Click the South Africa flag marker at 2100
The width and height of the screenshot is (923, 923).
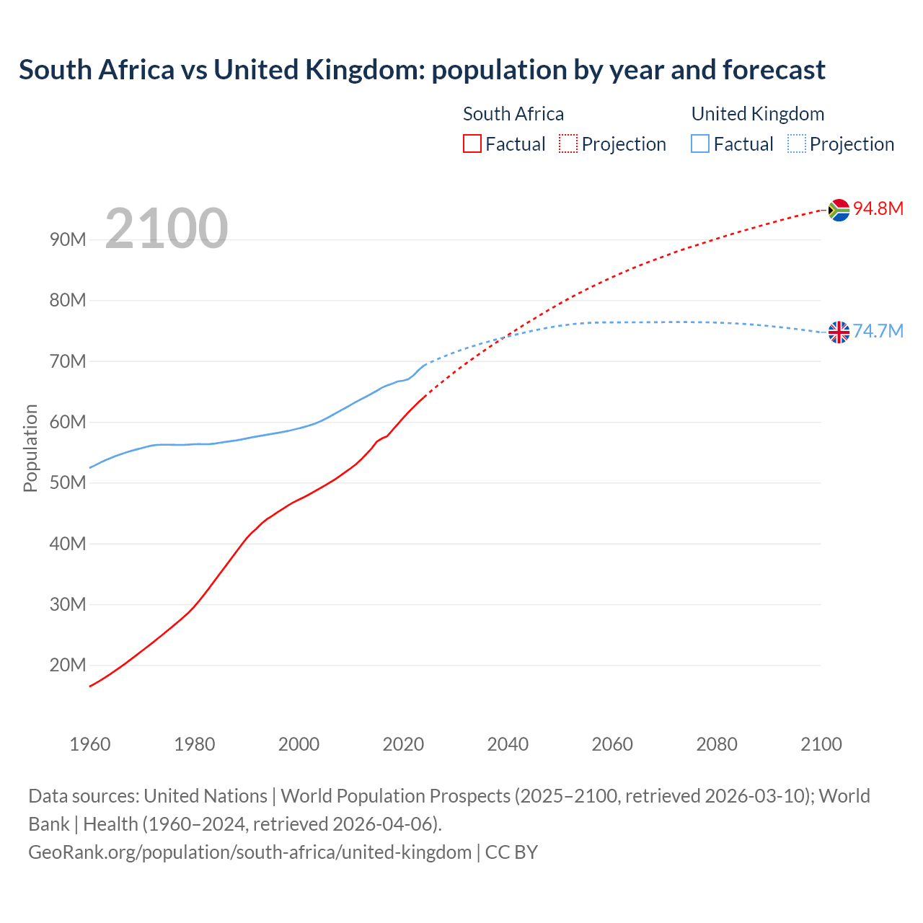tap(839, 210)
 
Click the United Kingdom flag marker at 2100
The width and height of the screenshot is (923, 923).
tap(839, 332)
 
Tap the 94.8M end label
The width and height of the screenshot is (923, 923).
tap(878, 209)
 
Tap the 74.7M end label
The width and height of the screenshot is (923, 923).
tap(878, 332)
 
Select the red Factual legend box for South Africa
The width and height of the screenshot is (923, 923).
tap(472, 143)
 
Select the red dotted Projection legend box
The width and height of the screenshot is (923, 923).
tap(568, 143)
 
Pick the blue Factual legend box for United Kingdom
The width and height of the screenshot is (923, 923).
tap(700, 143)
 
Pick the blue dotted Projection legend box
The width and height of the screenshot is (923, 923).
tap(796, 143)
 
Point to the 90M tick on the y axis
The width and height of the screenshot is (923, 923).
tap(68, 239)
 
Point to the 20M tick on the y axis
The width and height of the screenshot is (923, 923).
tap(68, 665)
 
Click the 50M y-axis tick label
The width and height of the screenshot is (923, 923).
tap(68, 482)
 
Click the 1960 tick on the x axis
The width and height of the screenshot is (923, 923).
tap(90, 744)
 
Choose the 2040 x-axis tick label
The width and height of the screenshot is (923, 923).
tap(508, 744)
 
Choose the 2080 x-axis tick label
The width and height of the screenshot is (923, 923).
tap(717, 744)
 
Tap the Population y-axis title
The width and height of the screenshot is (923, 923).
tap(30, 448)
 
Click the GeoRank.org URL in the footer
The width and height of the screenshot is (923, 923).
tap(249, 852)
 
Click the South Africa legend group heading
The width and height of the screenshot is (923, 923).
tap(513, 114)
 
